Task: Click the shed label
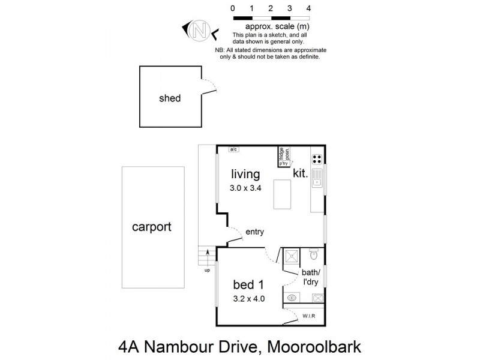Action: click(x=169, y=98)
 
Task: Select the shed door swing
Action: click(x=209, y=87)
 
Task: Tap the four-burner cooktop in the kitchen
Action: click(x=316, y=159)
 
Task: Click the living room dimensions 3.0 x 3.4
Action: click(x=246, y=188)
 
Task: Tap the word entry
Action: click(x=254, y=232)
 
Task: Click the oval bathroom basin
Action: click(x=292, y=298)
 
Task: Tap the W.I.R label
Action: click(x=310, y=316)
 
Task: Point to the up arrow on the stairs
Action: click(x=208, y=260)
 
